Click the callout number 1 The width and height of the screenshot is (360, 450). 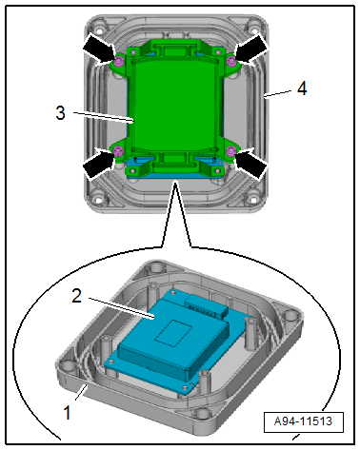tap(67, 413)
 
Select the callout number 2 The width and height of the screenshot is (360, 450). tap(76, 296)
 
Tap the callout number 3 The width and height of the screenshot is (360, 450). tap(60, 112)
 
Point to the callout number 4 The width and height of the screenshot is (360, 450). tap(302, 88)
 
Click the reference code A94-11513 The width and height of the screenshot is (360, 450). tap(303, 421)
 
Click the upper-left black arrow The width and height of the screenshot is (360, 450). tap(100, 49)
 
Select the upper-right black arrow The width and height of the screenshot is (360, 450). tap(251, 49)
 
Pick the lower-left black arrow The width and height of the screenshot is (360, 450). tap(99, 163)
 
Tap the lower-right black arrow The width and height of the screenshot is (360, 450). tap(251, 163)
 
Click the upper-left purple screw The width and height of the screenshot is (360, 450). tap(119, 62)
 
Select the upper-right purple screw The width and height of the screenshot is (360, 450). tap(231, 61)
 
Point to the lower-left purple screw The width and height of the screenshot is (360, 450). tap(118, 151)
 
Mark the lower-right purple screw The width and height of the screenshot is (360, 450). tap(231, 151)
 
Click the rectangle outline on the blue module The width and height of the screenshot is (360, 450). tap(172, 332)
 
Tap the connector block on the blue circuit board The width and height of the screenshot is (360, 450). tap(208, 305)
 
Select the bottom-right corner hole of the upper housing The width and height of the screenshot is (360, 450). tap(253, 199)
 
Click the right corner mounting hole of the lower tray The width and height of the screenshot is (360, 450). tap(290, 317)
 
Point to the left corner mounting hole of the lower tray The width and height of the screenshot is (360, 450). tap(68, 366)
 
